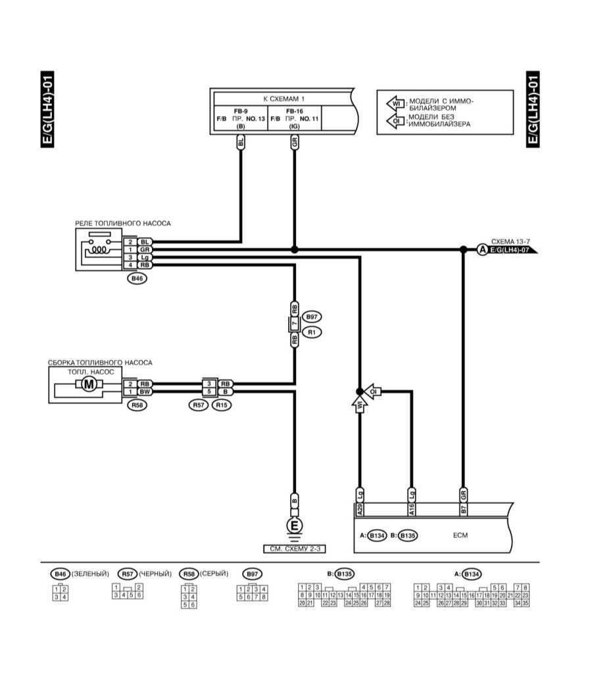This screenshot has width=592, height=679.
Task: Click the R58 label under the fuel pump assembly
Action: point(137,405)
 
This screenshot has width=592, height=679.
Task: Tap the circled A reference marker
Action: point(481,249)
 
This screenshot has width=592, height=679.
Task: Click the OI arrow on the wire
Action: point(374,391)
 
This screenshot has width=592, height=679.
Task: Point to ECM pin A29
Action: point(359,509)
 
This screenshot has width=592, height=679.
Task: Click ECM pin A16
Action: point(412,509)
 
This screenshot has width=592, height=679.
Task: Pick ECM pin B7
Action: point(463,509)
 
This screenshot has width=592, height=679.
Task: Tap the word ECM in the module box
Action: point(460,535)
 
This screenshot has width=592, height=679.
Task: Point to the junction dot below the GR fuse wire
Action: point(295,249)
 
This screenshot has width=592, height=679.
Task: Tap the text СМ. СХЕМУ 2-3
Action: point(295,548)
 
